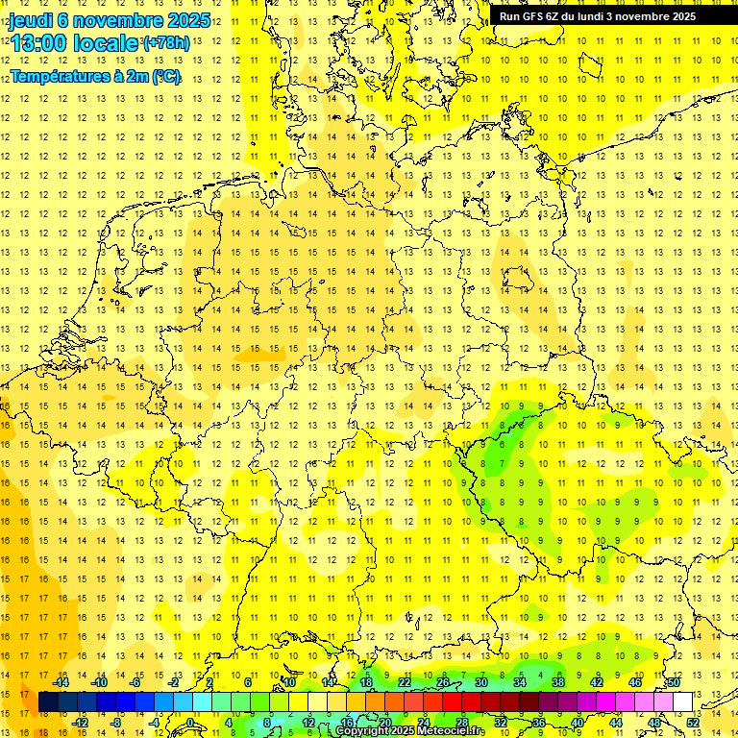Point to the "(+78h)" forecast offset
point(165,43)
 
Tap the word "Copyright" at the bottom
point(359,731)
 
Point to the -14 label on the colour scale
point(63,682)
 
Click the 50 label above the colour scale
point(674,682)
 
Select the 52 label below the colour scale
point(693,723)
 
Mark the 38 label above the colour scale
point(558,682)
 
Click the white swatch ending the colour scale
point(683,702)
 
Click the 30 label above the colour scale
point(481,682)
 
